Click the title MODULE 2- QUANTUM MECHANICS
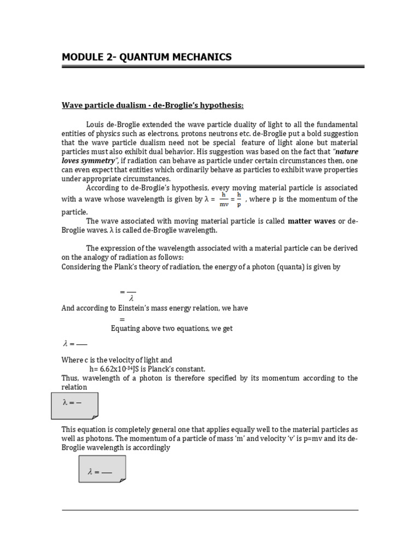coord(147,57)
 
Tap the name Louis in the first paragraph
coord(95,125)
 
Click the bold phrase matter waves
coord(310,221)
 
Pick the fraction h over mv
coord(224,199)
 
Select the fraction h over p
coord(239,199)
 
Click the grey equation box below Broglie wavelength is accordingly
coord(102,469)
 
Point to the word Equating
coord(126,328)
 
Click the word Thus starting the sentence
coord(69,378)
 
